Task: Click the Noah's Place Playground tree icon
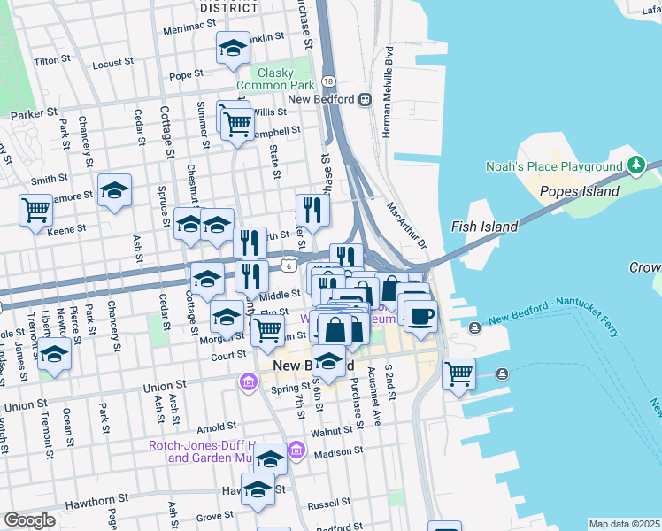[635, 165]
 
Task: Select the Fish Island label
[484, 227]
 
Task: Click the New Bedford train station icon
[364, 99]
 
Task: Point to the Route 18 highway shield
[328, 81]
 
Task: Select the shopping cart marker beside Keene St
[35, 211]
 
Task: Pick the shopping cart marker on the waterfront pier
[458, 373]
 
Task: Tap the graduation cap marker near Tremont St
[55, 354]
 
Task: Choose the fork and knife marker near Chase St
[312, 210]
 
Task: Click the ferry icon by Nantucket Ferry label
[475, 328]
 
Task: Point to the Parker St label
[34, 114]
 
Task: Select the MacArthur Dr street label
[406, 226]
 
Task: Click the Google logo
[30, 519]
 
